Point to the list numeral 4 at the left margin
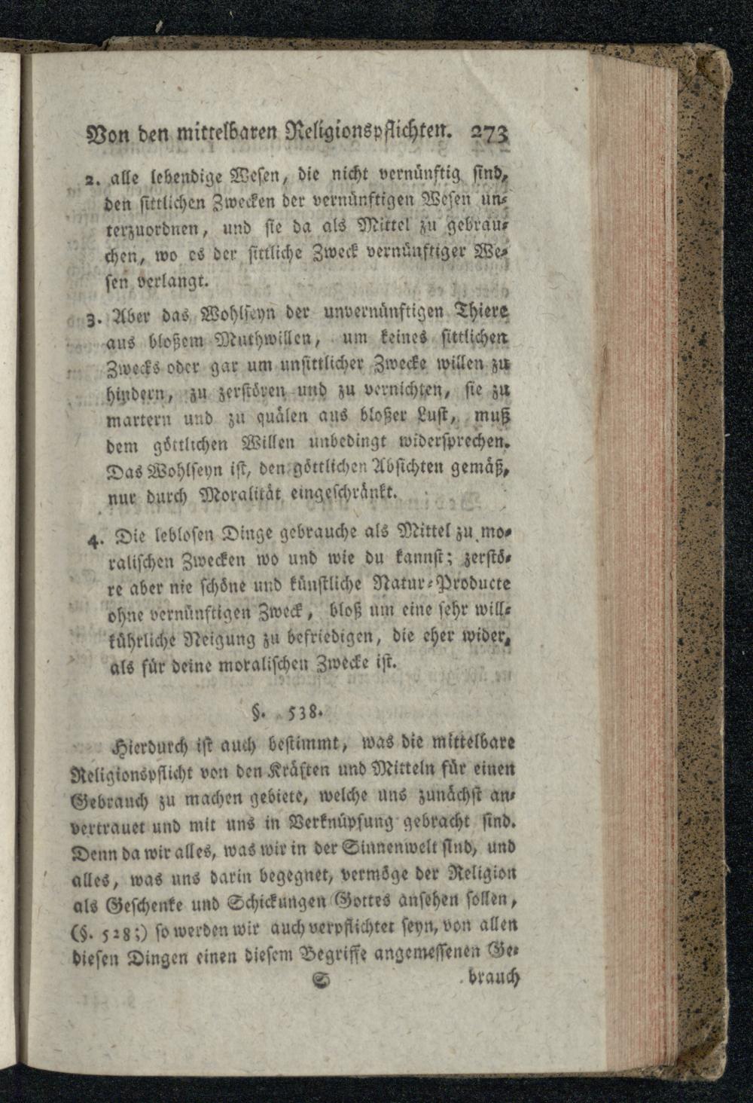point(93,539)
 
